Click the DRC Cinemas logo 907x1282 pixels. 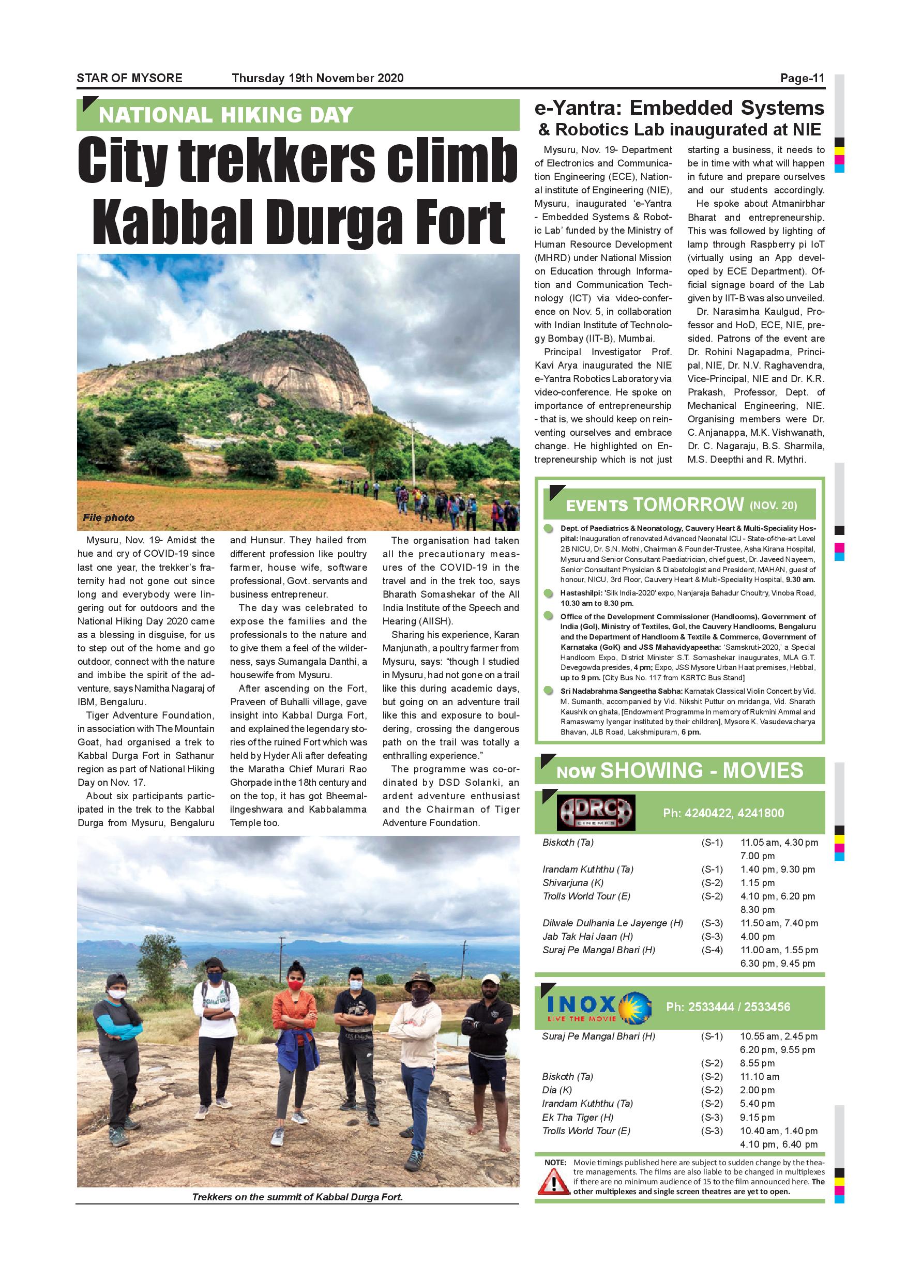pos(596,813)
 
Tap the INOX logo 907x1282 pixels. pos(599,1006)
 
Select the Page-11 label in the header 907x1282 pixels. pos(802,79)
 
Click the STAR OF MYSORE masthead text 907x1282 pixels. pos(130,78)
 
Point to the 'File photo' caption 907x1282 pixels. pos(109,517)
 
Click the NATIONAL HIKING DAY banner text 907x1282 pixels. pos(225,116)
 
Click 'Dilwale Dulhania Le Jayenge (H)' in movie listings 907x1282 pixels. pos(613,923)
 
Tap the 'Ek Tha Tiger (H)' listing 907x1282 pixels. pos(578,1117)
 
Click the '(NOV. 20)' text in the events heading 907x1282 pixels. pos(773,506)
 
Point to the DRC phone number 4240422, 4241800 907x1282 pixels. pos(723,813)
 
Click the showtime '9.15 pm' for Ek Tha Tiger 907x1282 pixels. pos(758,1117)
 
